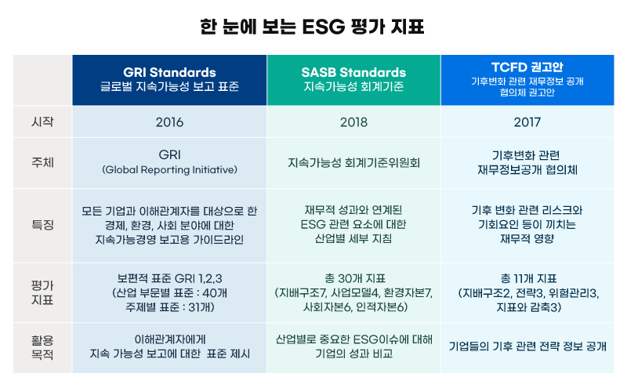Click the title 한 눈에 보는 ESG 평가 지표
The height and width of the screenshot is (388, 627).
[x=312, y=27]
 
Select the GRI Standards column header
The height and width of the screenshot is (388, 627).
[x=169, y=80]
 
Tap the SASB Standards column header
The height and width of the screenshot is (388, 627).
[x=353, y=80]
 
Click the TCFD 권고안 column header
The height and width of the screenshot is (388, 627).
[x=527, y=80]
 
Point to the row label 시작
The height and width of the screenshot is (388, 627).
[x=42, y=121]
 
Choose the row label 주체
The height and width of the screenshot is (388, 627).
[x=42, y=162]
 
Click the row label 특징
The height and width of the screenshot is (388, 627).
[x=42, y=225]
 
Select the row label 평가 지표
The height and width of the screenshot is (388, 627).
[x=42, y=293]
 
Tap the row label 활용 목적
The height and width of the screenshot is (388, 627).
[x=42, y=347]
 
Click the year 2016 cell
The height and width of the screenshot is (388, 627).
[x=169, y=122]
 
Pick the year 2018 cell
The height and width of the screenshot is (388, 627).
[x=353, y=122]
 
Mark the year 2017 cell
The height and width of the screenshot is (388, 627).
[x=527, y=122]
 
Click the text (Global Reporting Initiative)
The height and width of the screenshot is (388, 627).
[x=169, y=170]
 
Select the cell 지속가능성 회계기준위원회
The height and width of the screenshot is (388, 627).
[x=354, y=163]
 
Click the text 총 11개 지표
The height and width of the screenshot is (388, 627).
[x=528, y=278]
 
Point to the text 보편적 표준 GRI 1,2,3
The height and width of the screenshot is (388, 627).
[x=169, y=278]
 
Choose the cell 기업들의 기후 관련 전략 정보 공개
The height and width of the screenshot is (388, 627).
[x=527, y=346]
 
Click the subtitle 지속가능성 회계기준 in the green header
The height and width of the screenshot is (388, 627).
[x=353, y=86]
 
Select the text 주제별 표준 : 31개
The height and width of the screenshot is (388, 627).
[x=170, y=307]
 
